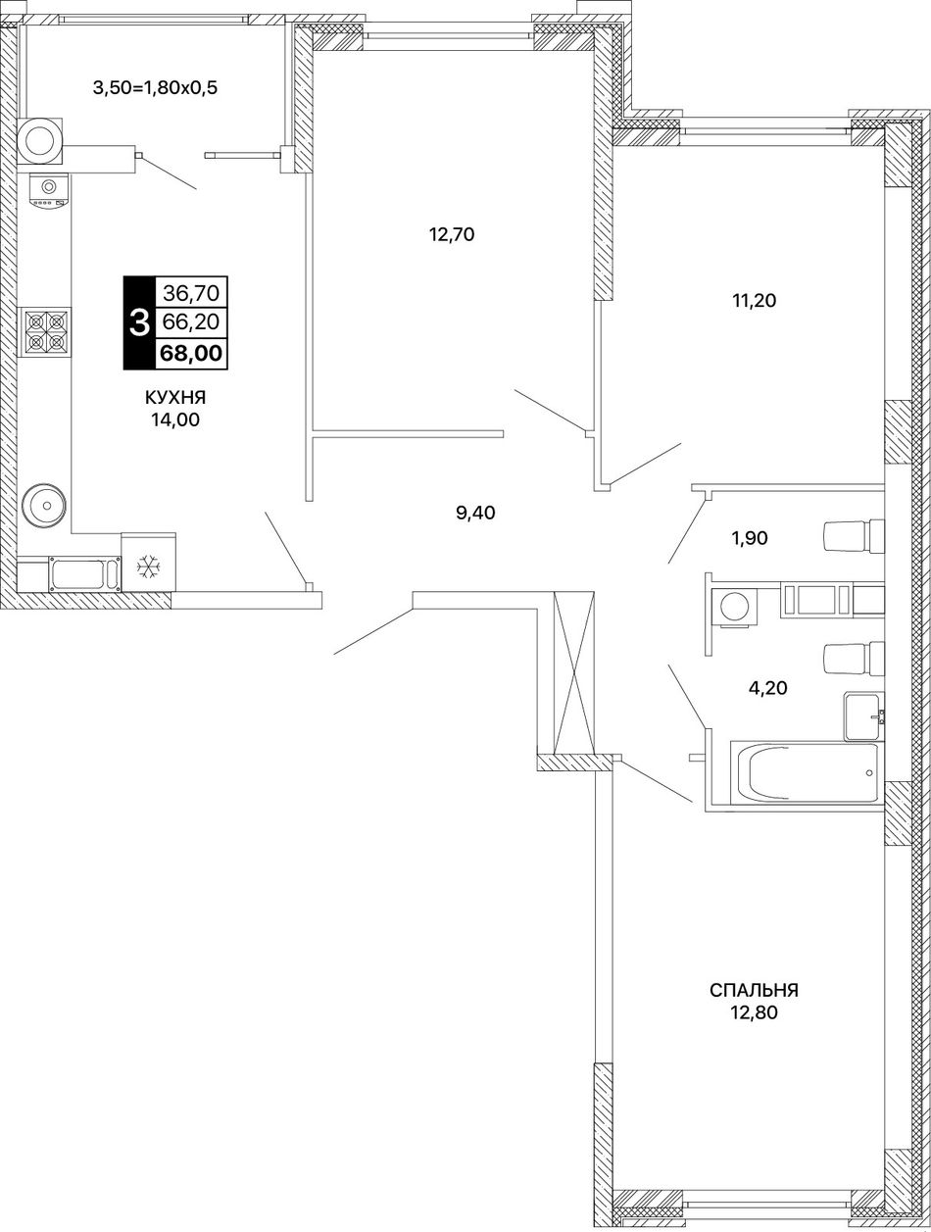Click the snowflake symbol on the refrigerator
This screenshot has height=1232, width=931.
[x=148, y=567]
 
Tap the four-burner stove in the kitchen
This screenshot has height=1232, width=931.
[x=45, y=331]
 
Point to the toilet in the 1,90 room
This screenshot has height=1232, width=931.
[x=853, y=535]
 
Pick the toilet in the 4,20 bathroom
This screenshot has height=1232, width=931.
[x=853, y=658]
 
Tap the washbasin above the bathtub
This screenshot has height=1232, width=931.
[x=864, y=716]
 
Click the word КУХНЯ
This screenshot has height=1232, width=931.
[x=175, y=398]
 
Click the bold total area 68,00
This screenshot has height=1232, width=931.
[x=191, y=354]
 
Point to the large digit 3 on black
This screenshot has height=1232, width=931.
[x=139, y=322]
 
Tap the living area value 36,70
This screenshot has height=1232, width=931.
[x=191, y=292]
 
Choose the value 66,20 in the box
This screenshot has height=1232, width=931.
[x=191, y=321]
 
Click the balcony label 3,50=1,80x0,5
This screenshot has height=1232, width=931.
[x=155, y=88]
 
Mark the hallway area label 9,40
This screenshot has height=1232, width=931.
[x=475, y=513]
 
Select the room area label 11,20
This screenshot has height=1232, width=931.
[x=754, y=301]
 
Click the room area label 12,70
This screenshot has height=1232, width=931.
[x=452, y=234]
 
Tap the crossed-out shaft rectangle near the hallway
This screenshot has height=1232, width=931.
[x=573, y=672]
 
